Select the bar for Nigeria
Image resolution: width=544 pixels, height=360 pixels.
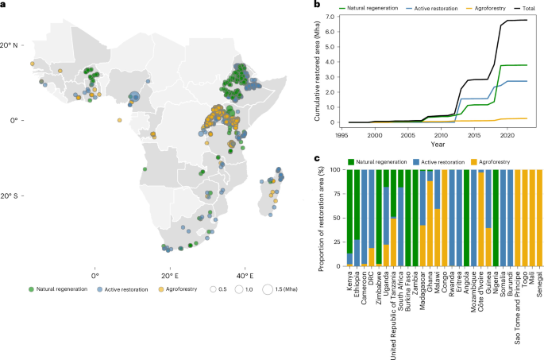point(496,218)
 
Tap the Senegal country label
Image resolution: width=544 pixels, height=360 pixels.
point(539,285)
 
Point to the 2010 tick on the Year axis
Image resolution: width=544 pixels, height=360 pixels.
point(441,135)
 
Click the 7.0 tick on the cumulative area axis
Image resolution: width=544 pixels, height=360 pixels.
point(330,17)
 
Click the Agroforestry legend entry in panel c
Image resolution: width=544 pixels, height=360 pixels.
point(490,162)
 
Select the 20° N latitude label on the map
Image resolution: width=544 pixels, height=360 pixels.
point(9,45)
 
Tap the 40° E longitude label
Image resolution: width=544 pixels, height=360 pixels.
point(245,276)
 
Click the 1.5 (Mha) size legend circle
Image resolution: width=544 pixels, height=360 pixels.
point(268,289)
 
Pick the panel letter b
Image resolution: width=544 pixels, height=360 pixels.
point(317,4)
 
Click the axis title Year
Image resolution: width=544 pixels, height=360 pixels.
point(438,144)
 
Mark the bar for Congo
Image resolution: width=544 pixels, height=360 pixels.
point(445,218)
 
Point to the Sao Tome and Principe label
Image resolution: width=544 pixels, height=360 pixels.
point(517,308)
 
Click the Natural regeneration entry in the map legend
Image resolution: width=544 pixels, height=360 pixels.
point(58,288)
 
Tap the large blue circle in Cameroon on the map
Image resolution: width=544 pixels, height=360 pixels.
point(134,97)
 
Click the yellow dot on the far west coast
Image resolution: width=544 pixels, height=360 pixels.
point(33,64)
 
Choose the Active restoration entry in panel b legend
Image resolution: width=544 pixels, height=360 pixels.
point(431,8)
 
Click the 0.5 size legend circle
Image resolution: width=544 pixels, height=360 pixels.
point(213,289)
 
